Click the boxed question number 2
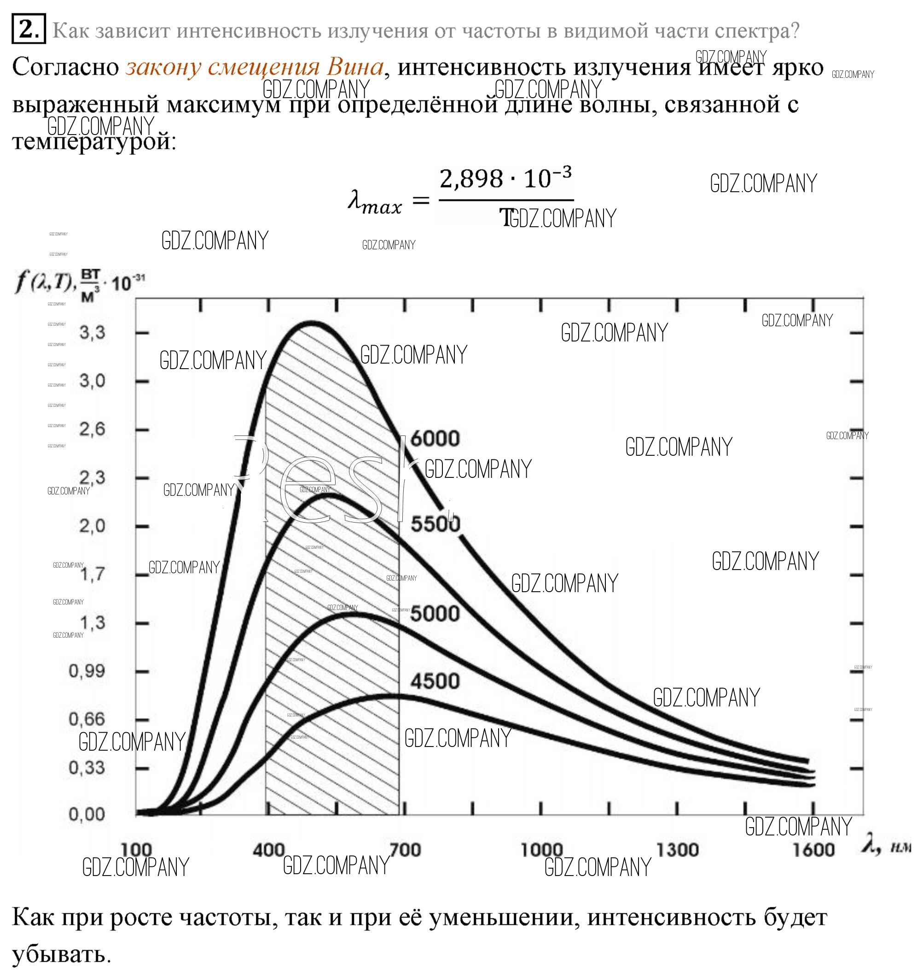[29, 29]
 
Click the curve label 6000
[435, 438]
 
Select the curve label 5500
[435, 523]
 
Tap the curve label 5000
[435, 613]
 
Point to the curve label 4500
[435, 681]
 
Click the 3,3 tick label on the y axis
[92, 333]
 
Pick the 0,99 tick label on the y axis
[87, 670]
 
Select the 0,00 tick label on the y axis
[87, 814]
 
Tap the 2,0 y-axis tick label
[92, 526]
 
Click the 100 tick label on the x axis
[136, 849]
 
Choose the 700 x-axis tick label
[405, 849]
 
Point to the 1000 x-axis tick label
[541, 849]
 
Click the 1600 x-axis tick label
[813, 849]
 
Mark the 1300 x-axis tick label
[677, 849]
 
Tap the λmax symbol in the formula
[374, 202]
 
